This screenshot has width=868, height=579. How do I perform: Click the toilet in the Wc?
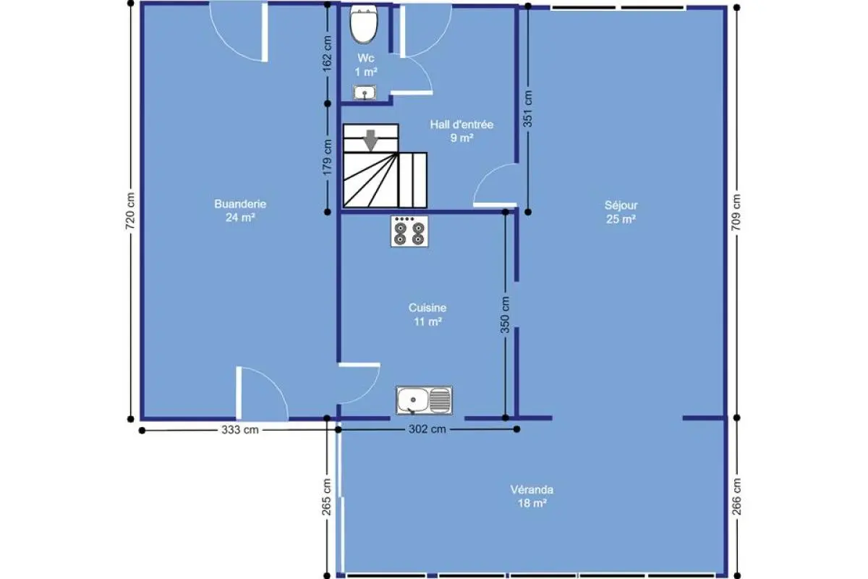[363, 24]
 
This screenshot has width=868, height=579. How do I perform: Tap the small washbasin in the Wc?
[365, 93]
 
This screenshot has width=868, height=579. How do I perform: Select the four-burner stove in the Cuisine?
[409, 231]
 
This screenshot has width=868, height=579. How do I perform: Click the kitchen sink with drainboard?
[424, 400]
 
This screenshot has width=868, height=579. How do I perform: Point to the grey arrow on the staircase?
[371, 140]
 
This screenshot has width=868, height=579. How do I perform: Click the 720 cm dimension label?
[130, 211]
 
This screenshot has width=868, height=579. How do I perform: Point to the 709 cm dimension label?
[736, 212]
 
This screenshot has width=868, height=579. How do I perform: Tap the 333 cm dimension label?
[240, 430]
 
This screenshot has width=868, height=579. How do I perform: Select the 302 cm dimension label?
[427, 429]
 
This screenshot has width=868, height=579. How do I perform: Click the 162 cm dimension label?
[327, 54]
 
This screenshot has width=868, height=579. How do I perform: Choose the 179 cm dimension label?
[328, 158]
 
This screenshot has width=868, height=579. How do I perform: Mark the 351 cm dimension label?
[528, 109]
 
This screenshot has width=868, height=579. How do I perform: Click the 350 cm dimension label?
[505, 315]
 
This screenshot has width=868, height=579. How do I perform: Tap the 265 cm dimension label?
[327, 497]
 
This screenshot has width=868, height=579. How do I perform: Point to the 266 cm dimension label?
[736, 496]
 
